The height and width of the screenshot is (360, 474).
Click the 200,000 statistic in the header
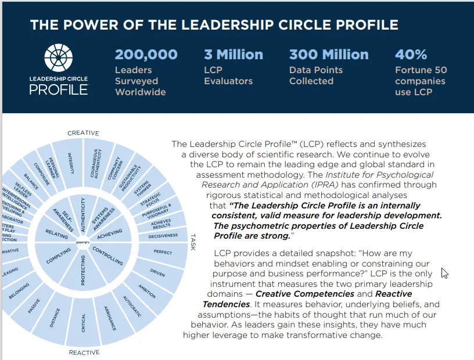point(146,55)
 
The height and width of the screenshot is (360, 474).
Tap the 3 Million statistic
point(234,55)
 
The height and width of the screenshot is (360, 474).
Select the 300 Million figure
point(329,55)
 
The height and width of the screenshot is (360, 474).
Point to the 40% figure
point(411,55)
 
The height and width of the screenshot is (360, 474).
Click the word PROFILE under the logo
point(59,89)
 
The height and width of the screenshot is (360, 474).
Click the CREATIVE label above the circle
point(83,133)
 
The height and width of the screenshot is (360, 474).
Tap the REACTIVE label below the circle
point(84,352)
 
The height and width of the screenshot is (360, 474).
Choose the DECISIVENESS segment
point(163,236)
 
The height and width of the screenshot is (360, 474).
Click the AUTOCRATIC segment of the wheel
point(132,306)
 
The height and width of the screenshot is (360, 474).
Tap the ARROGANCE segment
point(110,318)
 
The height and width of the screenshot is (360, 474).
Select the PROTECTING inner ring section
point(83,273)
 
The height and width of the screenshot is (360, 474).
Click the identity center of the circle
point(83,240)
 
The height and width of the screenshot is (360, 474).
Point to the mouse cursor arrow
point(444,273)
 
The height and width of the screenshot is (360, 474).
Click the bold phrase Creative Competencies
point(298,294)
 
